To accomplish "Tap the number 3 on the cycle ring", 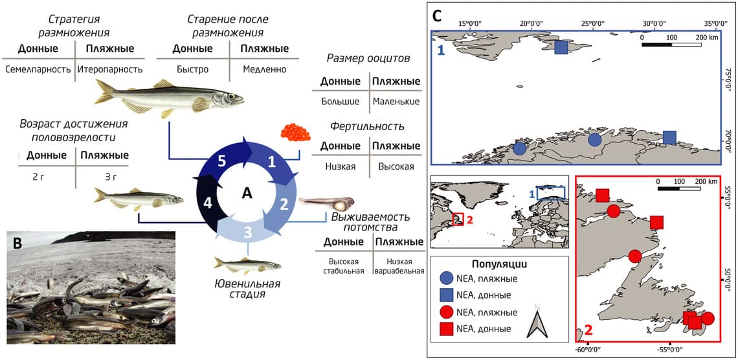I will click(247, 232).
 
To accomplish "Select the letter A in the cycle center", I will click(247, 193).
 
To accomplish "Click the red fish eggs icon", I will click(295, 133).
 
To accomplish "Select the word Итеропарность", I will click(106, 69).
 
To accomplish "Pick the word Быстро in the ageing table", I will click(192, 69).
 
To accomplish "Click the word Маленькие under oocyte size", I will click(396, 102).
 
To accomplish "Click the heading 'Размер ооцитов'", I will click(368, 59).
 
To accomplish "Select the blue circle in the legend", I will click(446, 278).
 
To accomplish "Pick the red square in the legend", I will click(446, 329).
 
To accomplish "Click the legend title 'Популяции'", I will click(498, 264).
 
